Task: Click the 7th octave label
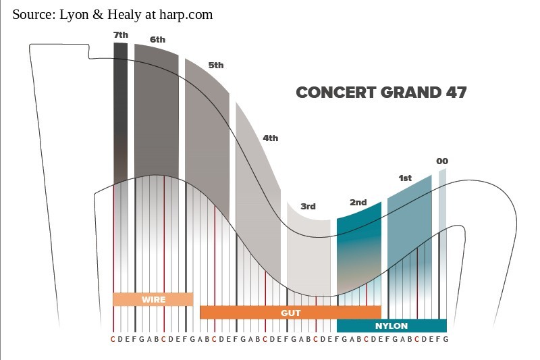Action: pyautogui.click(x=120, y=34)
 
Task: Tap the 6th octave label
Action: pyautogui.click(x=157, y=40)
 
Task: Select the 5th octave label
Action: pyautogui.click(x=216, y=66)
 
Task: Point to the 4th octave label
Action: pyautogui.click(x=271, y=138)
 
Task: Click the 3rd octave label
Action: pyautogui.click(x=308, y=207)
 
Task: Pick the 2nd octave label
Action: pyautogui.click(x=358, y=203)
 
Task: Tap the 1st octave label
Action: pyautogui.click(x=405, y=178)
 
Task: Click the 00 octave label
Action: pyautogui.click(x=442, y=161)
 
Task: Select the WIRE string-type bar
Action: pyautogui.click(x=153, y=299)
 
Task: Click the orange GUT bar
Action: pyautogui.click(x=290, y=313)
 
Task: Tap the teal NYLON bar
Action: pyautogui.click(x=391, y=326)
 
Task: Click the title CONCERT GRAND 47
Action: pyautogui.click(x=381, y=93)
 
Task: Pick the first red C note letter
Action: pyautogui.click(x=113, y=339)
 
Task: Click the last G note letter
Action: pyautogui.click(x=446, y=339)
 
